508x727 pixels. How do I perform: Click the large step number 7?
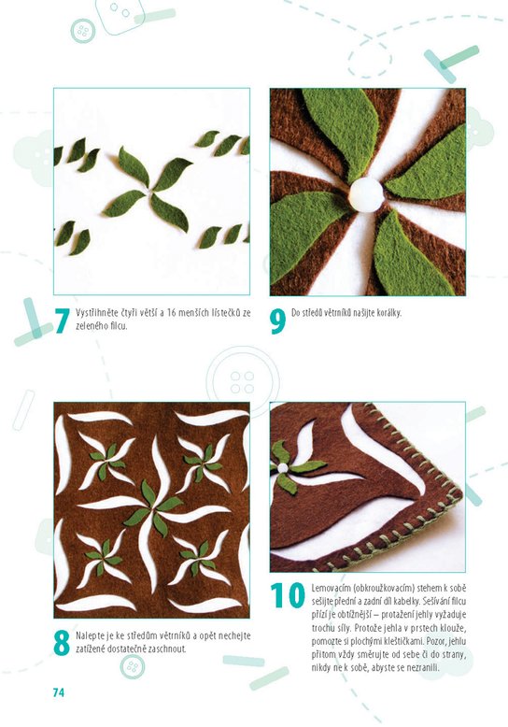coord(63,321)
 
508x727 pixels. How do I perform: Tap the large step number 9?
coord(277,321)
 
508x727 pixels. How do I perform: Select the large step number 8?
coord(62,643)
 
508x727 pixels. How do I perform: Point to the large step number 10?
coord(288,595)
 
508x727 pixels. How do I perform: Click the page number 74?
coord(59,692)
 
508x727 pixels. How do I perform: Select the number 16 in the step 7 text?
coord(171,313)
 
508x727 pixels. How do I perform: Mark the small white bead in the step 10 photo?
coord(282,468)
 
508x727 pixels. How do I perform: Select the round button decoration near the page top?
coord(83,31)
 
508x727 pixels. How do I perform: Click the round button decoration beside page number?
coord(133,666)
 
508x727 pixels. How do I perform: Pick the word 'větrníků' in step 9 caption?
coord(335,313)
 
